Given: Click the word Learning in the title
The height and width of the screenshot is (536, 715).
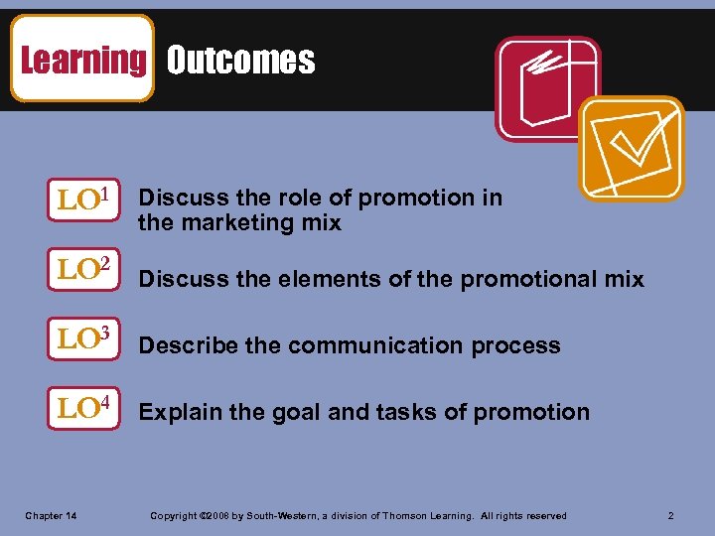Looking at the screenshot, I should pos(82,60).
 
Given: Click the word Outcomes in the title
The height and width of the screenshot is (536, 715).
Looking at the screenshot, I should pos(240,61).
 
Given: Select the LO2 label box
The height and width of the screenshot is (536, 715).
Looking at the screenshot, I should pos(88,268).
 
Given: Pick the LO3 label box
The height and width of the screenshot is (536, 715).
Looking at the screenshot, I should pos(88,337).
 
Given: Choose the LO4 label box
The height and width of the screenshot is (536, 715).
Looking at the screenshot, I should pos(88,409).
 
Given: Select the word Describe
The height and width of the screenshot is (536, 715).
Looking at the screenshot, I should pos(188,345).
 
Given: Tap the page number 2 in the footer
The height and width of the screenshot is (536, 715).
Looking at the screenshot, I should pos(671,515).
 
